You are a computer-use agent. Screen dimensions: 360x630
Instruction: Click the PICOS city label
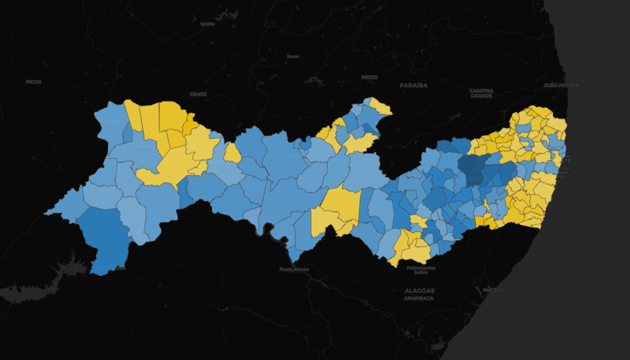pyautogui.click(x=34, y=82)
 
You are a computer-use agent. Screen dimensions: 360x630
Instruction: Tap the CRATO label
pyautogui.click(x=198, y=94)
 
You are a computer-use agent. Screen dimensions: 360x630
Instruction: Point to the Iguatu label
pyautogui.click(x=208, y=24)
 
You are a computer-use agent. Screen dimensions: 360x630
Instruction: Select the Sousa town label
pyautogui.click(x=293, y=56)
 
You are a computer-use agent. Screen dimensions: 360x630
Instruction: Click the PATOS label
pyautogui.click(x=369, y=77)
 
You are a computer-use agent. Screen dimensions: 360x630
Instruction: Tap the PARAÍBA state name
pyautogui.click(x=413, y=85)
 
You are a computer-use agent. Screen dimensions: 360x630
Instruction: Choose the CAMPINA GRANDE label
pyautogui.click(x=482, y=92)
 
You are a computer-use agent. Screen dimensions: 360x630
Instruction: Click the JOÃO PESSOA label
pyautogui.click(x=560, y=85)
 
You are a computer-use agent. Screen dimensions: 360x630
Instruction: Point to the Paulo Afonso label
pyautogui.click(x=294, y=269)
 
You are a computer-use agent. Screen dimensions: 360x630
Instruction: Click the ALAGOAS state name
pyautogui.click(x=419, y=290)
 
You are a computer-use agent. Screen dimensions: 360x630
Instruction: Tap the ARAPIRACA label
pyautogui.click(x=419, y=298)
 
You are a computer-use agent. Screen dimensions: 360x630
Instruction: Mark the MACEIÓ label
pyautogui.click(x=492, y=289)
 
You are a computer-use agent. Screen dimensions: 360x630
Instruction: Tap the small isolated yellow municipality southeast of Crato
pyautogui.click(x=232, y=153)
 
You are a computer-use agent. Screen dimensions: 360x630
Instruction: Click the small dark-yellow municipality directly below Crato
pyautogui.click(x=190, y=125)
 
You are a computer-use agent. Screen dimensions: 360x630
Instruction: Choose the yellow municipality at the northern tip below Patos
pyautogui.click(x=380, y=106)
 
